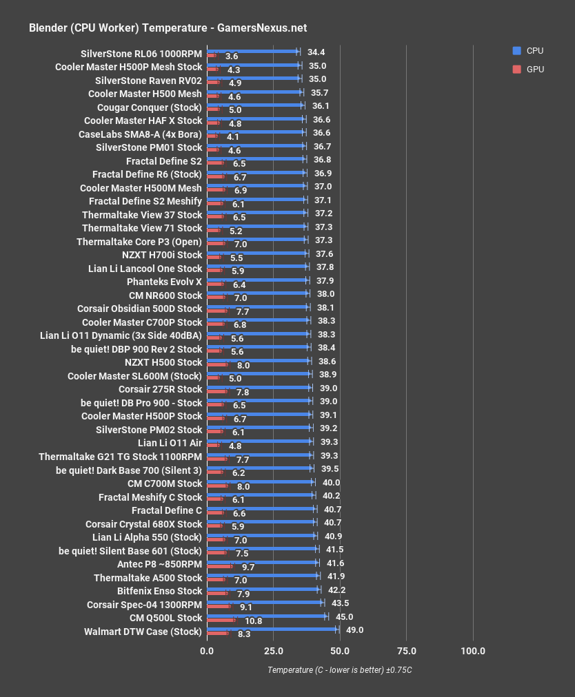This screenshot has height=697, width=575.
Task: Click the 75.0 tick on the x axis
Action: [x=406, y=651]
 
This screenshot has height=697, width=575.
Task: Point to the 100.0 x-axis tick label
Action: [x=473, y=651]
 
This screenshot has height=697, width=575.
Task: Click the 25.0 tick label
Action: [x=273, y=651]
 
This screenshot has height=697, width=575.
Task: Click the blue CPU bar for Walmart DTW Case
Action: [x=272, y=629]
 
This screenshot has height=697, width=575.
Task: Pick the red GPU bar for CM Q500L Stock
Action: [x=221, y=621]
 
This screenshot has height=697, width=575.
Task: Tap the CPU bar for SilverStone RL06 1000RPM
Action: [x=252, y=51]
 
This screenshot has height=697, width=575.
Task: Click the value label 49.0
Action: [x=354, y=630]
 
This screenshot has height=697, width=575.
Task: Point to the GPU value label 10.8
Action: [x=253, y=621]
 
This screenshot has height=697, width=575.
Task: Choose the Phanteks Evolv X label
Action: [x=164, y=282]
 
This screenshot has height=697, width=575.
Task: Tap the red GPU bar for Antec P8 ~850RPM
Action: [x=220, y=567]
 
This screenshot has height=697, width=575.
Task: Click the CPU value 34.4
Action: [x=316, y=52]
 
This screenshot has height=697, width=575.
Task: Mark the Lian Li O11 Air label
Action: [x=170, y=443]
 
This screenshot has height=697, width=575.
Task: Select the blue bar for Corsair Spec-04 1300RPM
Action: [x=265, y=602]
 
